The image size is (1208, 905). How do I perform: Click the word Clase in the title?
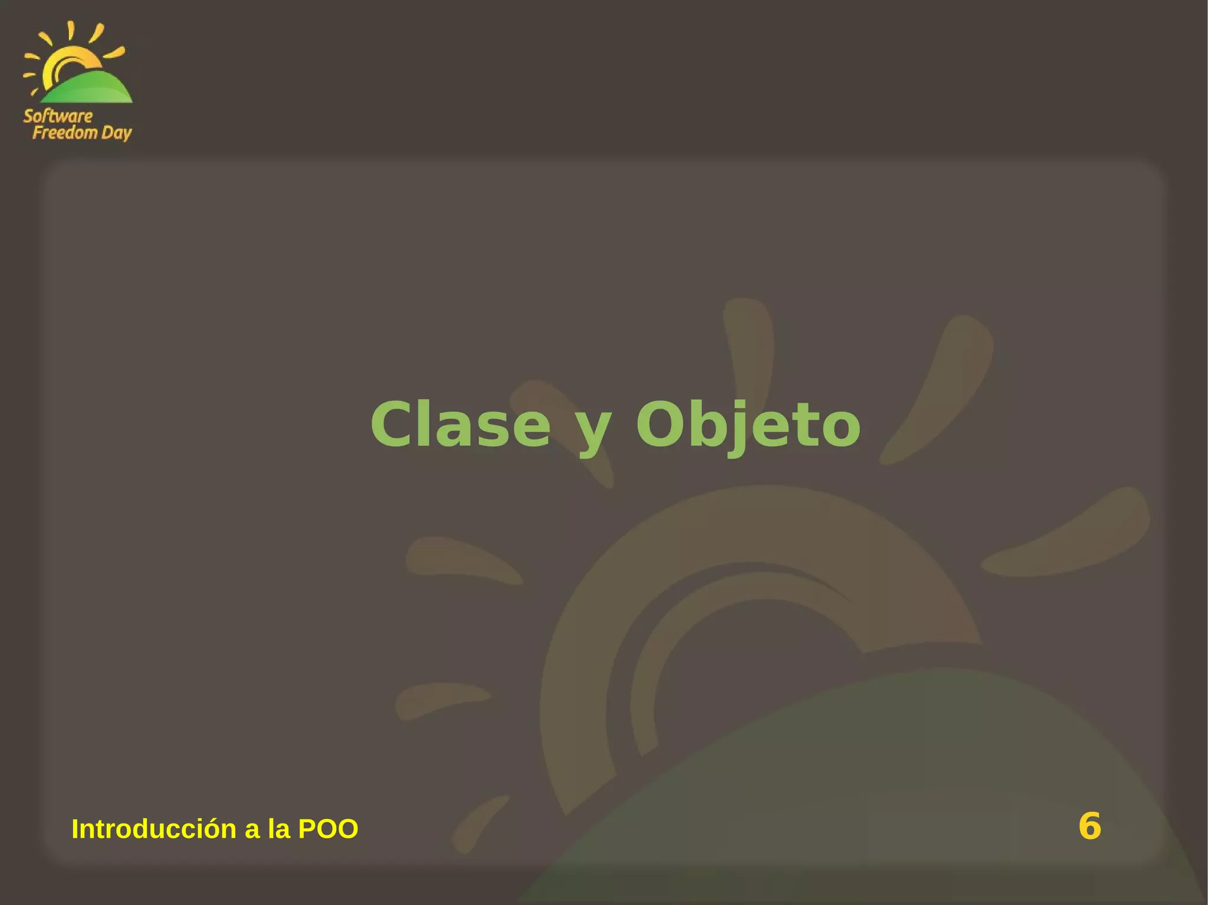(x=460, y=424)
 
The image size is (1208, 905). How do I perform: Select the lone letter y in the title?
(x=593, y=430)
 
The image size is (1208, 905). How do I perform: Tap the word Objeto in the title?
(x=748, y=424)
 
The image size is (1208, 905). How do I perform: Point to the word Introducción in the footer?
(x=154, y=829)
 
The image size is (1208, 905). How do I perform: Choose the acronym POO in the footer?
(x=328, y=829)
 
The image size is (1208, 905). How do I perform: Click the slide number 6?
(x=1089, y=826)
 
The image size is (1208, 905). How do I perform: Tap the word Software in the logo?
(x=58, y=116)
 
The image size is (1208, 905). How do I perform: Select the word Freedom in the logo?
(x=64, y=133)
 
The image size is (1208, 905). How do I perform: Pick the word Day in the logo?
(x=116, y=134)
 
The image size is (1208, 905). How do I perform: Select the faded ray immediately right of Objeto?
(x=938, y=389)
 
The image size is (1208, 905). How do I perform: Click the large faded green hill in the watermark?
(x=885, y=796)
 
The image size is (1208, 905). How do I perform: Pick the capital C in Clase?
(x=394, y=424)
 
